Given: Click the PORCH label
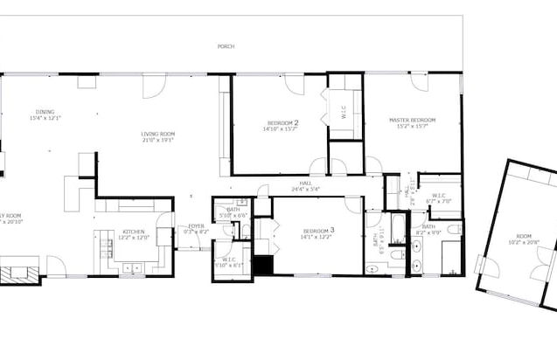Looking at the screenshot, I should (226, 46).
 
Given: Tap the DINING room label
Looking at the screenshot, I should (45, 112).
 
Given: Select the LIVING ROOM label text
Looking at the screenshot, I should (158, 134).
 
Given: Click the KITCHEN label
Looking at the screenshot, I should (133, 232).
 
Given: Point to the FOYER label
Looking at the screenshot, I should (196, 226).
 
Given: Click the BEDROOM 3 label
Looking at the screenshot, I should (317, 230).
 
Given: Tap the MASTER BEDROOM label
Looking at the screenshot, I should (412, 120).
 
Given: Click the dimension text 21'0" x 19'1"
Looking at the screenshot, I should (158, 140).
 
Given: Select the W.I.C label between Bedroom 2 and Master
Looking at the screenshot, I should (344, 112).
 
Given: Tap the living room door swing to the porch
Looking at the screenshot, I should (154, 86).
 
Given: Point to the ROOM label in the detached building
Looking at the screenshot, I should (523, 236).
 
